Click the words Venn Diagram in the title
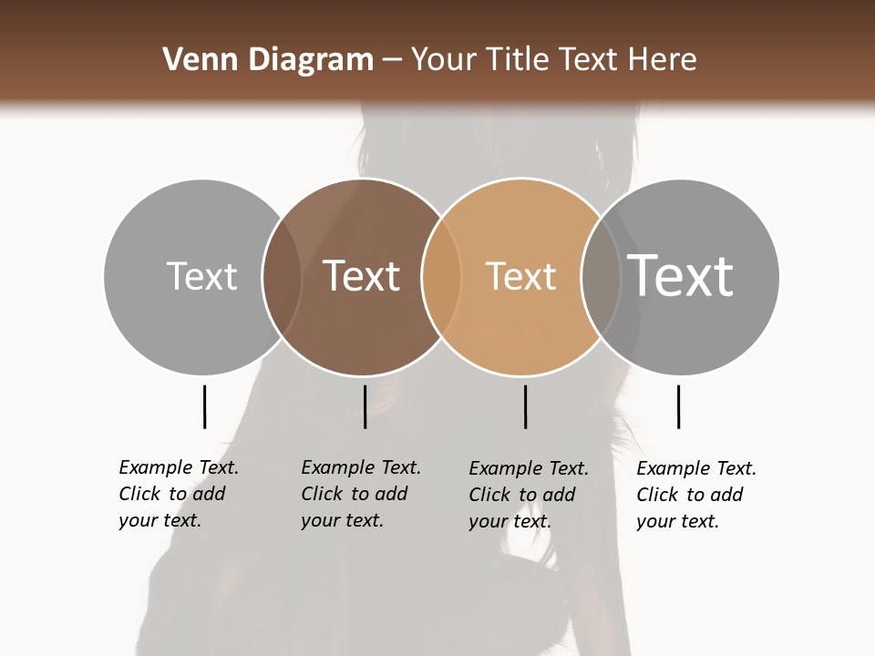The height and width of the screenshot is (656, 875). [268, 60]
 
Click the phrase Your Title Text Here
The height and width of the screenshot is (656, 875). [553, 60]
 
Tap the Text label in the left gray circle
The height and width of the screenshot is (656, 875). [201, 276]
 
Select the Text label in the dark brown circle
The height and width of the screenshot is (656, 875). [361, 276]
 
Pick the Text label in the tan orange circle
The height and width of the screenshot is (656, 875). [520, 276]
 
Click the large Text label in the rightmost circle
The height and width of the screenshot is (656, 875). [680, 275]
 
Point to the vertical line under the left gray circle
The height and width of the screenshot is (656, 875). [204, 406]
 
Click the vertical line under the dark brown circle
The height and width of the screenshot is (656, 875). [365, 406]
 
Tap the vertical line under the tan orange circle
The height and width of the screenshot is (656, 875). [525, 406]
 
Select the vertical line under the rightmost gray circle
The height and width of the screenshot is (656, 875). [678, 406]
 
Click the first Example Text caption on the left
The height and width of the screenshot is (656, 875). [179, 467]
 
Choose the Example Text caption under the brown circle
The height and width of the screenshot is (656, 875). [361, 467]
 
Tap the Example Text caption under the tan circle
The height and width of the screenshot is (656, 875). [529, 468]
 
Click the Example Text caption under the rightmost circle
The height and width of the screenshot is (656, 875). [696, 468]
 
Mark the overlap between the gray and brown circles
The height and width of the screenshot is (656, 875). [282, 276]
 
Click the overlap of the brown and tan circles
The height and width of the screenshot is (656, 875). [441, 276]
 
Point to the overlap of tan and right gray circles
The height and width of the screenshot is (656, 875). [601, 276]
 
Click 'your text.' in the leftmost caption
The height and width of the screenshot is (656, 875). [160, 520]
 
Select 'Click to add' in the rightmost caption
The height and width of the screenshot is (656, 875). [690, 495]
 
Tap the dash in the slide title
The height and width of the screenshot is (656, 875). [392, 61]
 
